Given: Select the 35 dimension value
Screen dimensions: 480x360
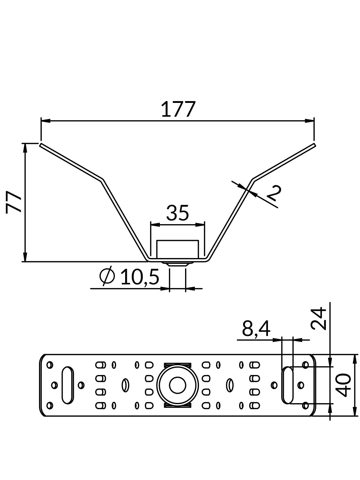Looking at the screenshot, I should coord(177,213).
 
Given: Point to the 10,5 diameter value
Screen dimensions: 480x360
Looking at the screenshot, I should coord(139,277).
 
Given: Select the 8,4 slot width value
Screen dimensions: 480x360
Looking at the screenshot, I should coord(256,328).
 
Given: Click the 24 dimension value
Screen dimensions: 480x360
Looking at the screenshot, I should coord(318,318).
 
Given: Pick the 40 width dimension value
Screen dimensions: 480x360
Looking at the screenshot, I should coord(344,385).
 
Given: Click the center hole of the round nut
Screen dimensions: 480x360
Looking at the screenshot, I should coord(177,385).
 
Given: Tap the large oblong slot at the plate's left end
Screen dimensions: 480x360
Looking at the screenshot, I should coord(67,385).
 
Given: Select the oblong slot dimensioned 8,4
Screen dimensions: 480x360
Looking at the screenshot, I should coord(288,385).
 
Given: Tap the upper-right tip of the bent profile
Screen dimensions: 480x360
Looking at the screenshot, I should coord(314,145).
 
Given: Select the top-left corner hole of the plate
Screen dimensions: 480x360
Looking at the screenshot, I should coord(50,365).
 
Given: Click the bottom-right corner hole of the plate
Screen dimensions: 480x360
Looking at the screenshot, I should coord(305,406).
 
